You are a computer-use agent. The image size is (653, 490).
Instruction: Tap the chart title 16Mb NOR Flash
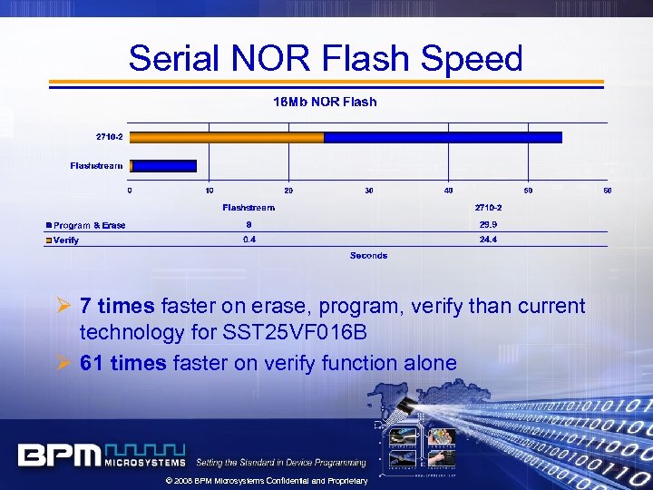coord(325,102)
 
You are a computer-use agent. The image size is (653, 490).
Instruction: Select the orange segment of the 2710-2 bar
coord(227,138)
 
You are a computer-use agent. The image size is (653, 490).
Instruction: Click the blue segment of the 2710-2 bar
coord(443,138)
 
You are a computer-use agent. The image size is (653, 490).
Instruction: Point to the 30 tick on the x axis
coord(369,190)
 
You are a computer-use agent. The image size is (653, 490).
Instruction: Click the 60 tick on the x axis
coord(607,190)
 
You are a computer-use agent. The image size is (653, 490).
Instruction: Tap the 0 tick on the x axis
coord(130,190)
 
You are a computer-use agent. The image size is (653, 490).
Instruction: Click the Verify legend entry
coord(65,240)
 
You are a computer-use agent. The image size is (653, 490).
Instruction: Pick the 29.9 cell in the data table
coord(488,224)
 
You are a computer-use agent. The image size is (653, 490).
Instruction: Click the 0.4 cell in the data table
coord(249,240)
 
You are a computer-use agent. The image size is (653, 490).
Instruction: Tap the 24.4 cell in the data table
coord(488,240)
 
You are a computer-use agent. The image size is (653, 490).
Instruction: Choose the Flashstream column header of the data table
coord(249,208)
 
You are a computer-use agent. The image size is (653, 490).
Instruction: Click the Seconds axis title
coord(368,256)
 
